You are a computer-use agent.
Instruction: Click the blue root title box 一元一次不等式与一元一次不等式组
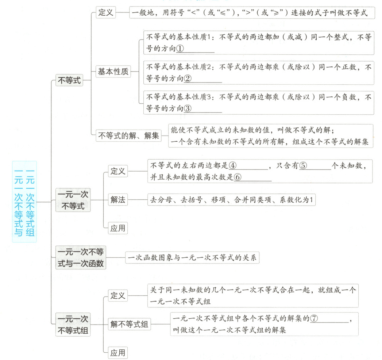(x=24, y=202)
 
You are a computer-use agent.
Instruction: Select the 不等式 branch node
(x=69, y=81)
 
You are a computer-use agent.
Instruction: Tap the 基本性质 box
(x=113, y=72)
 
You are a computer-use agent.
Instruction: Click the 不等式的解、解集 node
(x=129, y=136)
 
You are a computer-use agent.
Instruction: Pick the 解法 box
(x=118, y=200)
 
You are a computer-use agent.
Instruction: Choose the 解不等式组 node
(x=129, y=324)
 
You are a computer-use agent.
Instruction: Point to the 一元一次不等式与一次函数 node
(x=81, y=258)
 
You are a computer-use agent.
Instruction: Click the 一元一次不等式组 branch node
(x=73, y=324)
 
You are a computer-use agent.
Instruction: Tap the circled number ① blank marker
(x=180, y=48)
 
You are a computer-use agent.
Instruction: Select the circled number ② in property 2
(x=188, y=78)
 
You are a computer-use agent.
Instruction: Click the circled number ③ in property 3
(x=188, y=108)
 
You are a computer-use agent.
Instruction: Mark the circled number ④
(x=232, y=166)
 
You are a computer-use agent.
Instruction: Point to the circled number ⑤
(x=303, y=166)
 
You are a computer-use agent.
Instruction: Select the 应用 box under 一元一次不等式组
(x=118, y=353)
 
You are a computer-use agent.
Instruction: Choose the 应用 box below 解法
(x=118, y=229)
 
